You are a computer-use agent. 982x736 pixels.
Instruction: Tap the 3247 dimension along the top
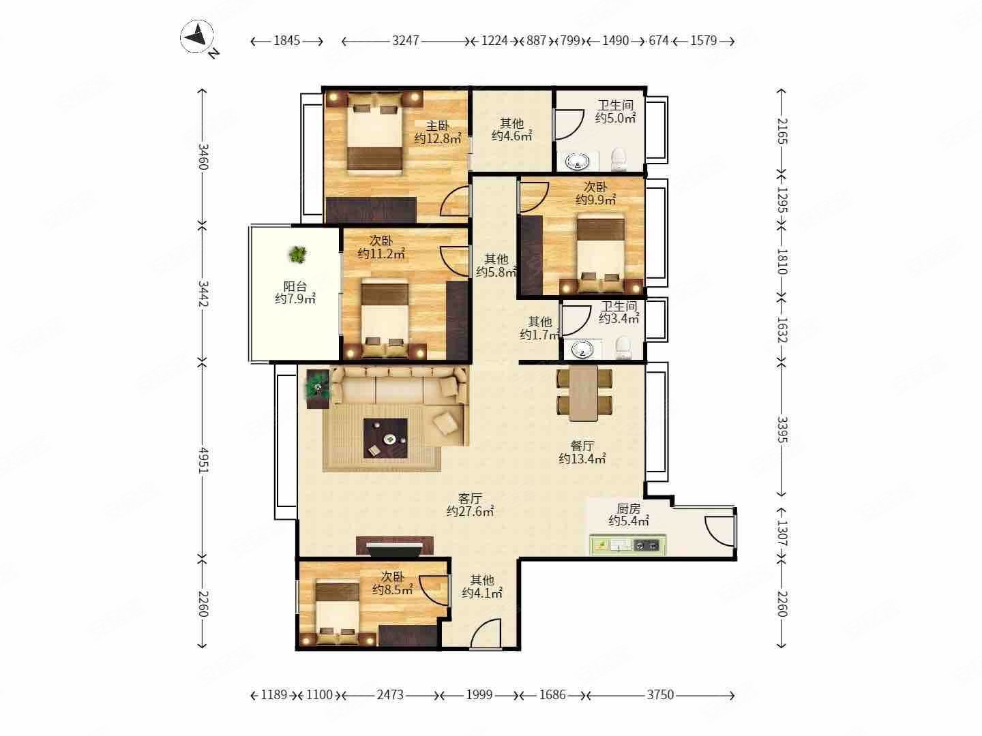coord(405,41)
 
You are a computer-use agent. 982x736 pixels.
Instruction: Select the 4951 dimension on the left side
coord(203,460)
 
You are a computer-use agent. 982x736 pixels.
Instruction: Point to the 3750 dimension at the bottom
coord(660,695)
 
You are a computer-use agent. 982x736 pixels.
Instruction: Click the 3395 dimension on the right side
coord(782,429)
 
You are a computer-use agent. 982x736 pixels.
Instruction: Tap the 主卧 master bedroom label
coord(437,125)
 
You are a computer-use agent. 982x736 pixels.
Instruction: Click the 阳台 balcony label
coord(295,286)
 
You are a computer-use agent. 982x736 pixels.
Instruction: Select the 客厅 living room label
coord(470,498)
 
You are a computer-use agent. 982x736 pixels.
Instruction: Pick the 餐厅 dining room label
coord(582,446)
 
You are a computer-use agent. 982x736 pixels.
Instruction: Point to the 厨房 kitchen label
coord(629,508)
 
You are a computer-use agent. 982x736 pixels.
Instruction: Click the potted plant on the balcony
coord(298,255)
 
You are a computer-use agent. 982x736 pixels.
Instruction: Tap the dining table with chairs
coord(584,393)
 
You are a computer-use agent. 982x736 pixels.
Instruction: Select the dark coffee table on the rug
coord(385,438)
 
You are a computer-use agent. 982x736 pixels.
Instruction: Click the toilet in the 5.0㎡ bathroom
coord(619,159)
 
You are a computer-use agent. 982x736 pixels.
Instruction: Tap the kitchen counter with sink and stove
coord(628,545)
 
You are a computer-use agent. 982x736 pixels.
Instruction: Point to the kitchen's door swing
coord(720,531)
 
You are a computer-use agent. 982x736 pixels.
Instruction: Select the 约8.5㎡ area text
coord(392,590)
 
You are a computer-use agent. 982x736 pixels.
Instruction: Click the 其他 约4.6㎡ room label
coord(512,129)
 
